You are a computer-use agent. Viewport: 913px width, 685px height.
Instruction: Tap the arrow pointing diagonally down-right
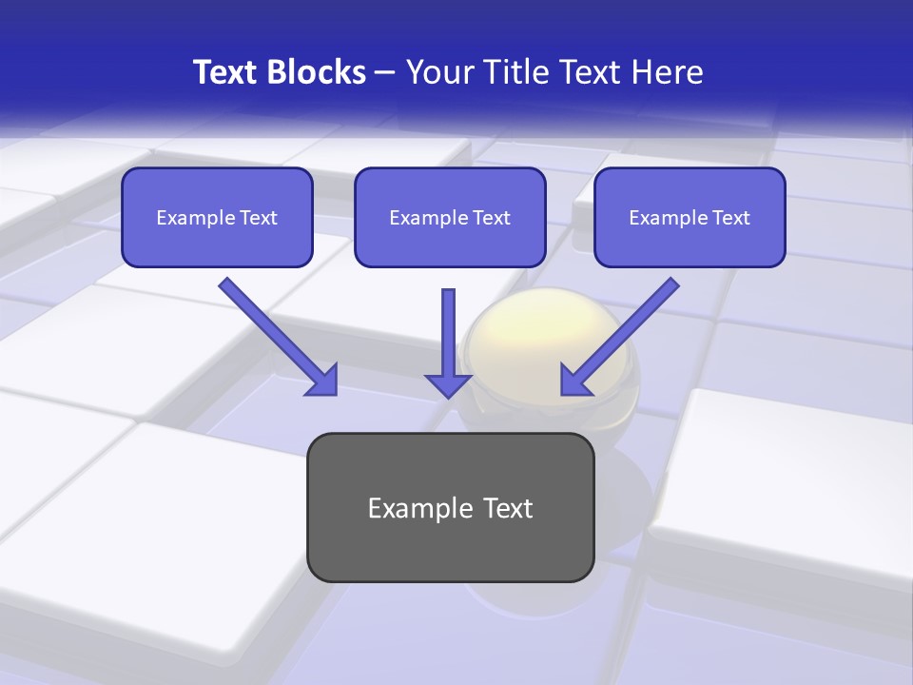281,338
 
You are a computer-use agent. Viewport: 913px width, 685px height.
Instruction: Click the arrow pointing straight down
448,342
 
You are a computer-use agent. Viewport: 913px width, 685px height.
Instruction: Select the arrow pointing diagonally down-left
618,338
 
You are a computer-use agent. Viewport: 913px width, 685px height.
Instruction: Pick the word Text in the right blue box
730,218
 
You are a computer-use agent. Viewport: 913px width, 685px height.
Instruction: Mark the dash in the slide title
385,72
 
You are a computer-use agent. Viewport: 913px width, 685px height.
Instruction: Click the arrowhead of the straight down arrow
448,384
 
